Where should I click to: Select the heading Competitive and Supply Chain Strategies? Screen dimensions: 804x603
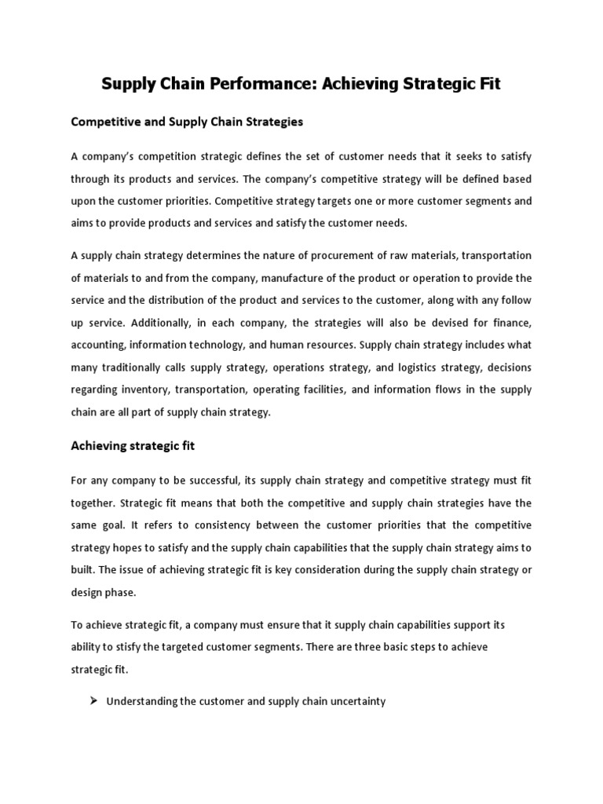tap(187, 122)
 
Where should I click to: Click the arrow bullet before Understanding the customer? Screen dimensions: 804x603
tap(90, 701)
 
